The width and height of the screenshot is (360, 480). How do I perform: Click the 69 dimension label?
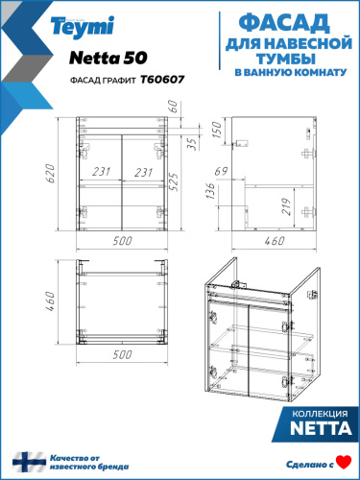click(219, 172)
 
